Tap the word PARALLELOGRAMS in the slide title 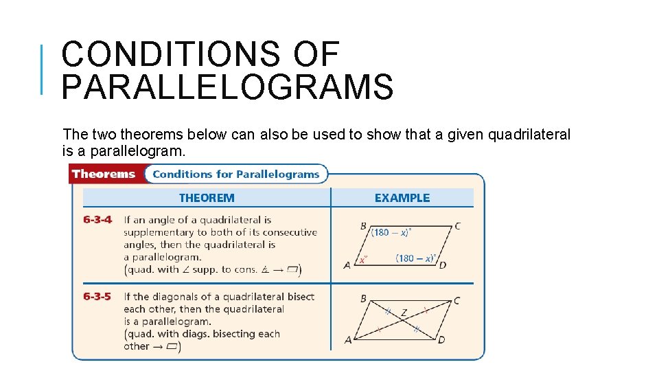[227, 88]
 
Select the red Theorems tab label [104, 175]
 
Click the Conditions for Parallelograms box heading [235, 175]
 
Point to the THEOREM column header [207, 198]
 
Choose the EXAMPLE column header [402, 198]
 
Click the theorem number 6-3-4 [97, 220]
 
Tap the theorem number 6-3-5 [97, 297]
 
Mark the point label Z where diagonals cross [404, 313]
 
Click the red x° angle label [363, 260]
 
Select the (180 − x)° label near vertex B [391, 232]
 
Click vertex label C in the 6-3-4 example [457, 226]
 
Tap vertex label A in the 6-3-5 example [348, 340]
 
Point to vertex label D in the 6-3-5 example [442, 340]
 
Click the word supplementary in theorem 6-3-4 [156, 232]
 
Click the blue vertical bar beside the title [43, 69]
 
